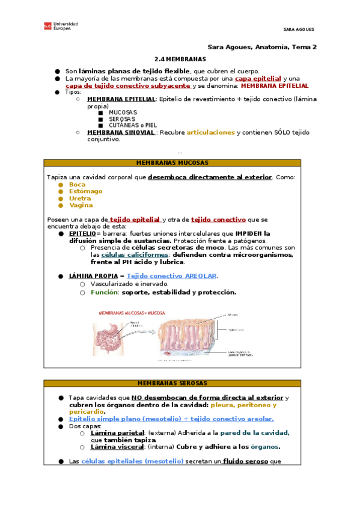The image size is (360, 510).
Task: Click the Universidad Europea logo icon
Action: (47, 26)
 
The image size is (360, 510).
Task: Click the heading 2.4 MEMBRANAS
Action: (180, 59)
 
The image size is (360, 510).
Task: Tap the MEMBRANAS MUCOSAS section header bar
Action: (172, 163)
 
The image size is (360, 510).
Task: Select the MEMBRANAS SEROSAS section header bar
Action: (172, 383)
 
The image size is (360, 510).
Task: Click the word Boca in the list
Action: (78, 185)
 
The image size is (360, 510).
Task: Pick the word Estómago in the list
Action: (85, 191)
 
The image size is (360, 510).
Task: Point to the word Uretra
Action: (80, 198)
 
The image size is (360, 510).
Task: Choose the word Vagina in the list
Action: (81, 205)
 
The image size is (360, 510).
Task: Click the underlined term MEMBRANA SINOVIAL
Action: (121, 132)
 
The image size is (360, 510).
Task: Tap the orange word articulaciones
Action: (210, 132)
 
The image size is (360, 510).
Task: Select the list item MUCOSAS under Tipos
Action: (123, 112)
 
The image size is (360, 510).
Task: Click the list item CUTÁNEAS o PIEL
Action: (135, 125)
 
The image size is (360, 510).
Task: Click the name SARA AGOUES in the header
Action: (299, 29)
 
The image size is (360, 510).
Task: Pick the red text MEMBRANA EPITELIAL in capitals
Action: (274, 86)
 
